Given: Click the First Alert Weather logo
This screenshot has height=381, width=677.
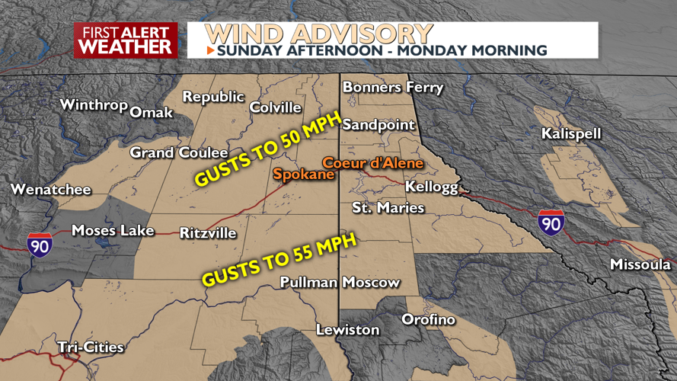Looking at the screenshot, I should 126,40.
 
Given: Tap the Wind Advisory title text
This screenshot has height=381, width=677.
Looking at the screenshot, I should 319,34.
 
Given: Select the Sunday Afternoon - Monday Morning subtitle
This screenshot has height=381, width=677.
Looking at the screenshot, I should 382,51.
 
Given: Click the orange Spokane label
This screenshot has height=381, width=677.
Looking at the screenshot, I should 304,174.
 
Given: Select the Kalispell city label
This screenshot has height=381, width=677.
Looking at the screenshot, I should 571,134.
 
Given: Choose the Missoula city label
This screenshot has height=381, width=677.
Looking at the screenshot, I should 640,264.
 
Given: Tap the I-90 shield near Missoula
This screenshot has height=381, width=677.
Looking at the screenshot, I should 551,223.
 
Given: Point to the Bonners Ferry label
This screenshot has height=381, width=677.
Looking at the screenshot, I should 392,88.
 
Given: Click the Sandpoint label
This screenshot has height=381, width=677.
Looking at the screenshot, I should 378,125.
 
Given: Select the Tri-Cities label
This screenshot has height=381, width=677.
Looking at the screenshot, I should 91,347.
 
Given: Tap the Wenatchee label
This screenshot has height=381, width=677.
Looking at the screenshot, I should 50,190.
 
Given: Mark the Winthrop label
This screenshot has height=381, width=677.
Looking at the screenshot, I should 93,104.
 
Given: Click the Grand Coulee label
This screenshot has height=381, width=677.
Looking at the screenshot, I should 179,153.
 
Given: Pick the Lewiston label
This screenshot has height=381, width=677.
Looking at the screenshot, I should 348,330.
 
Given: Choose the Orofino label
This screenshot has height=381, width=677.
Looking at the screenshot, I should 428,319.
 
